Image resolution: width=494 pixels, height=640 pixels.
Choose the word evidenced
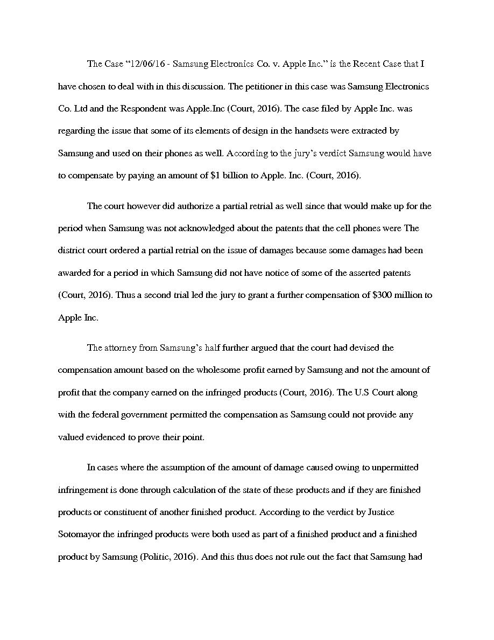click(x=104, y=437)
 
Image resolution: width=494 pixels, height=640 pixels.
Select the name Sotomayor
click(x=80, y=534)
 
